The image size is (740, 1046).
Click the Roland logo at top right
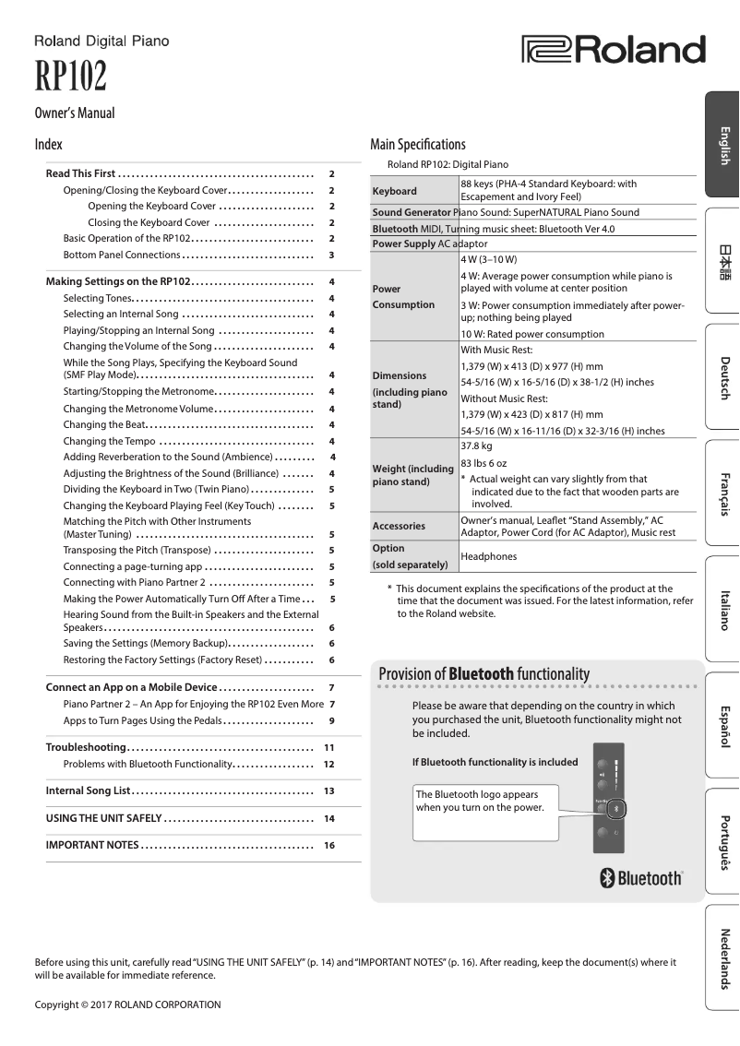pyautogui.click(x=613, y=50)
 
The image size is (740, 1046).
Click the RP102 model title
pyautogui.click(x=70, y=77)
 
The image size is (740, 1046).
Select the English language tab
pyautogui.click(x=722, y=145)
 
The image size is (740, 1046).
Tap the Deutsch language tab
pyautogui.click(x=722, y=376)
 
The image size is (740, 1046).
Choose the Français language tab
pyautogui.click(x=722, y=493)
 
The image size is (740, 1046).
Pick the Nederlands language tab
pyautogui.click(x=722, y=957)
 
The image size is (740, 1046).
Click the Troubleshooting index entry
pyautogui.click(x=86, y=747)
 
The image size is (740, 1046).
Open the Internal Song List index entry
pyautogui.click(x=89, y=791)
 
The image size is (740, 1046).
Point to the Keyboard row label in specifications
pyautogui.click(x=394, y=191)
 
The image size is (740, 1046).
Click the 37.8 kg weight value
pyautogui.click(x=475, y=445)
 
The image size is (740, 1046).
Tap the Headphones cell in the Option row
pyautogui.click(x=488, y=556)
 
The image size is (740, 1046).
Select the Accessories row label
pyautogui.click(x=399, y=526)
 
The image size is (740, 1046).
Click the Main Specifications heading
pyautogui.click(x=417, y=144)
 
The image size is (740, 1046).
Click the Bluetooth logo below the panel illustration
pyautogui.click(x=642, y=878)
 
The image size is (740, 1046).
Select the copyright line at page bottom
pyautogui.click(x=127, y=1004)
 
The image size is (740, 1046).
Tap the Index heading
pyautogui.click(x=48, y=145)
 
